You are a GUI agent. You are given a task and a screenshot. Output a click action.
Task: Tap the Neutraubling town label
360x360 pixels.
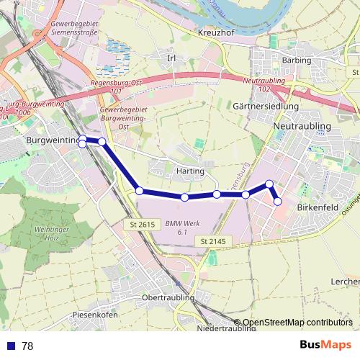[302, 126]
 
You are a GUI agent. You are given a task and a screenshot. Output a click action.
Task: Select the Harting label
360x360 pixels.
[190, 172]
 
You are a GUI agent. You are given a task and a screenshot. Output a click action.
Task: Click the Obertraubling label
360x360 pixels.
[168, 297]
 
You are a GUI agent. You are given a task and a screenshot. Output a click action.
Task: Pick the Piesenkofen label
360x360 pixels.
[94, 315]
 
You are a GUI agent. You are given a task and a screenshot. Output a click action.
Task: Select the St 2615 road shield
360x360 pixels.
[143, 225]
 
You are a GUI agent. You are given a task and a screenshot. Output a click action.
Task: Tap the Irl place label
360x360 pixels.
[171, 58]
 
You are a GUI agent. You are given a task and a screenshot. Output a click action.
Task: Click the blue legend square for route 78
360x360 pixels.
[9, 346]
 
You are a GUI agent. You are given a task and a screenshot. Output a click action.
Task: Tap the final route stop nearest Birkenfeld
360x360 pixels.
[277, 202]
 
